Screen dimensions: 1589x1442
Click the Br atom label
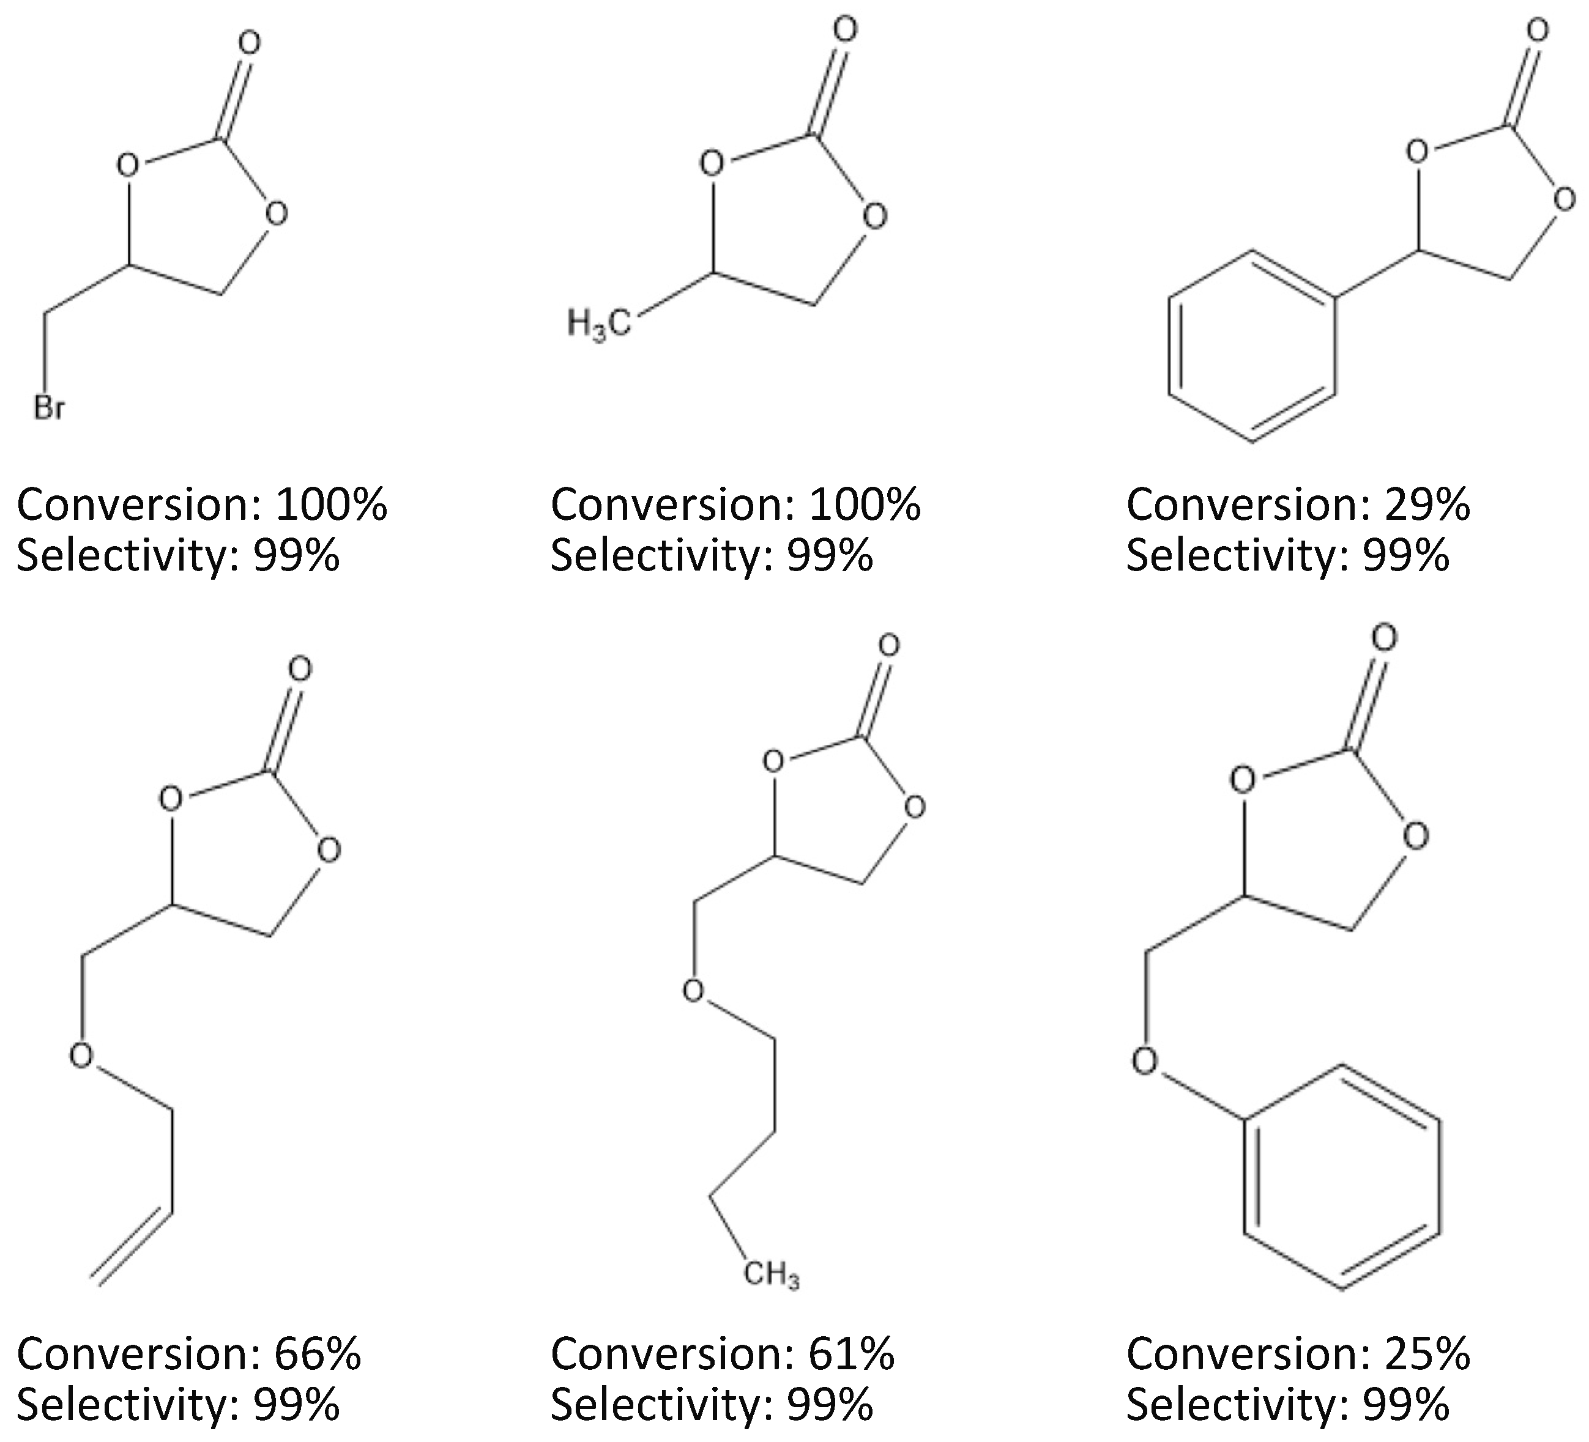pos(49,408)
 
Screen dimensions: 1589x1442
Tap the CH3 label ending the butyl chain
pos(772,1274)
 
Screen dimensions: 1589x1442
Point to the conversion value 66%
pos(318,1354)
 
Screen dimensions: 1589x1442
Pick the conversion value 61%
pos(851,1354)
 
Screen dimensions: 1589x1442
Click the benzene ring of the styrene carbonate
pos(1252,347)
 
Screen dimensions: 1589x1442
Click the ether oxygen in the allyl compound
pos(81,1055)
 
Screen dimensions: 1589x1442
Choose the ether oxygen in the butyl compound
pos(693,991)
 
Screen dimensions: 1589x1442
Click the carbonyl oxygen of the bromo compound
pos(249,43)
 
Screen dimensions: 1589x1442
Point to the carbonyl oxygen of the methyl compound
pos(844,31)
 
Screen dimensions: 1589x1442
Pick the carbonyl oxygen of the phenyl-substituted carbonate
pos(1537,31)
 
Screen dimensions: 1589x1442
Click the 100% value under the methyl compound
pos(864,505)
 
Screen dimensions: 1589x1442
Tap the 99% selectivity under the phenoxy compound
pos(1405,1404)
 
